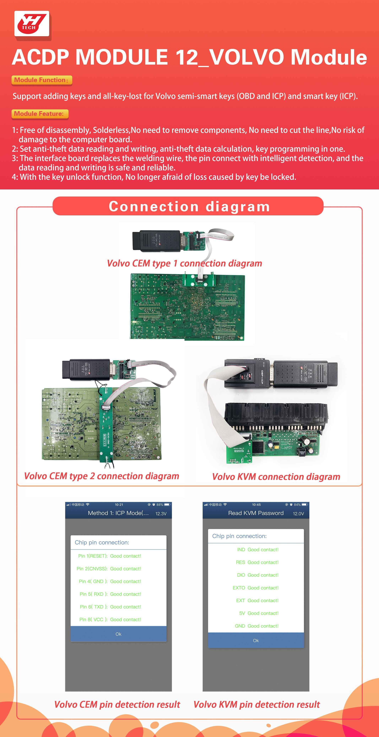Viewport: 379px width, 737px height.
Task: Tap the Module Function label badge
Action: [42, 80]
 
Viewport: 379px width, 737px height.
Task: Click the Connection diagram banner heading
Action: [189, 206]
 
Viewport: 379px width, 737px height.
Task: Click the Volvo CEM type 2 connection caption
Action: [102, 476]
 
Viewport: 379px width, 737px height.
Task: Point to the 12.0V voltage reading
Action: [298, 513]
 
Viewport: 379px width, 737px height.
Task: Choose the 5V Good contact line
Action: [258, 613]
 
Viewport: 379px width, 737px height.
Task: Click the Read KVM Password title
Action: [256, 513]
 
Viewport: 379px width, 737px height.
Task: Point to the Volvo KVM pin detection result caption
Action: [256, 704]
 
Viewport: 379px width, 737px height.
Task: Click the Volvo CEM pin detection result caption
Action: [117, 704]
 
